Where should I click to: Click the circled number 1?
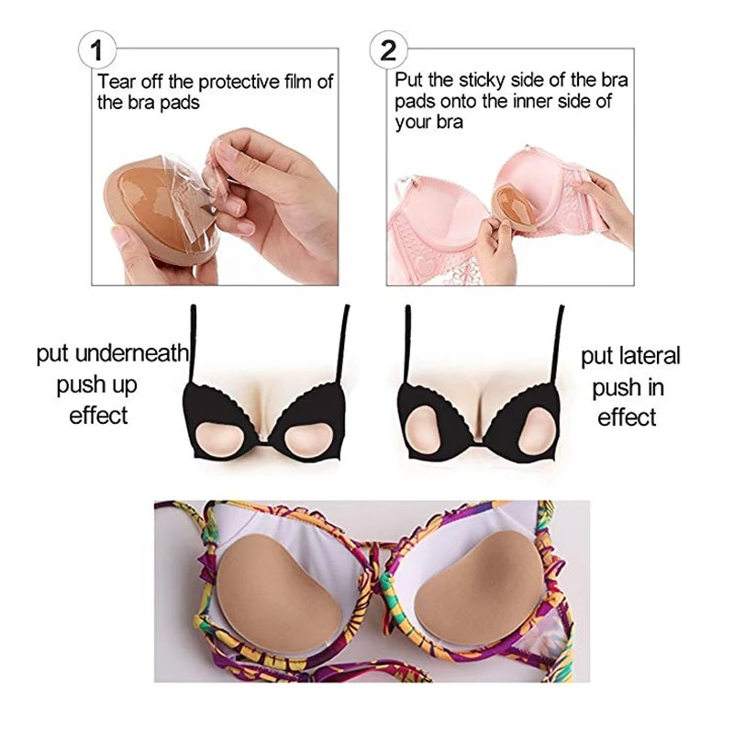coord(96,50)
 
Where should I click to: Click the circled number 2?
coord(388,50)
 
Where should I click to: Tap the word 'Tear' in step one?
coord(117,82)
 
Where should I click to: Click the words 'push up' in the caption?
coord(97,385)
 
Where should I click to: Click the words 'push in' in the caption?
coord(628,388)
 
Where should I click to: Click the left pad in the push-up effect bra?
coord(218,440)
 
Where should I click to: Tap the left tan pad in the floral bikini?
coord(278,594)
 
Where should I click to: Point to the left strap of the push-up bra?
coord(193,344)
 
